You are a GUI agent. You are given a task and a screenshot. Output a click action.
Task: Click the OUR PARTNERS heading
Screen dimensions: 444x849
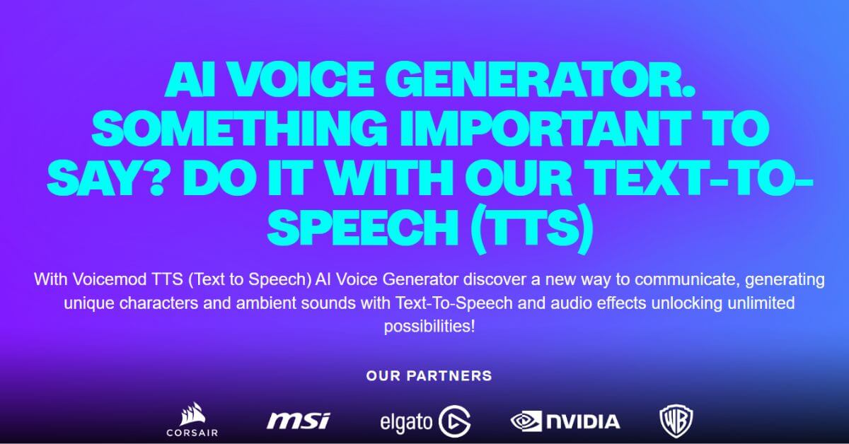tap(429, 375)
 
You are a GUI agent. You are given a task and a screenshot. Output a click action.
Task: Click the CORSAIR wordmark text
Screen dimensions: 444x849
tap(192, 431)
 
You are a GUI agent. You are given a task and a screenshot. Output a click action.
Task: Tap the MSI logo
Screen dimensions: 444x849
tap(298, 421)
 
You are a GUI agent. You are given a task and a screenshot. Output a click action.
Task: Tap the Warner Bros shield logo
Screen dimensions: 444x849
tap(676, 421)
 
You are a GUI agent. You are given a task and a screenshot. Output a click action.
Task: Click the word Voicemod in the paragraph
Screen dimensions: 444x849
tap(105, 279)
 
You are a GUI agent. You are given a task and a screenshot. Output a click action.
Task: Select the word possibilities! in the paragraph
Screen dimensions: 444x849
tap(429, 327)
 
